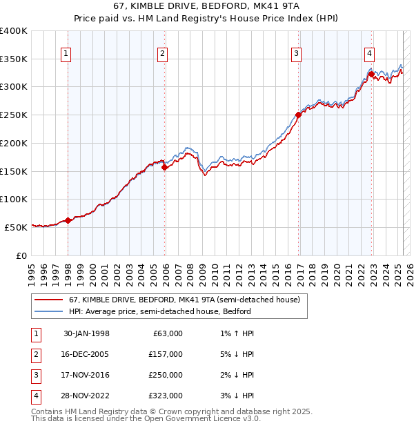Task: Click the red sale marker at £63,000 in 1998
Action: click(68, 221)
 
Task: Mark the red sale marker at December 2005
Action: click(165, 167)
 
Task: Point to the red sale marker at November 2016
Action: click(299, 115)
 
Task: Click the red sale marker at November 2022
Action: click(371, 74)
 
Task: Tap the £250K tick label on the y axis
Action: click(14, 115)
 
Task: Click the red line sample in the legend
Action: click(49, 300)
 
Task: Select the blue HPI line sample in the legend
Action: click(49, 311)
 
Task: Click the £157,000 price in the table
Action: click(166, 354)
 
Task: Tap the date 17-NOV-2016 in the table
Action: click(86, 375)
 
